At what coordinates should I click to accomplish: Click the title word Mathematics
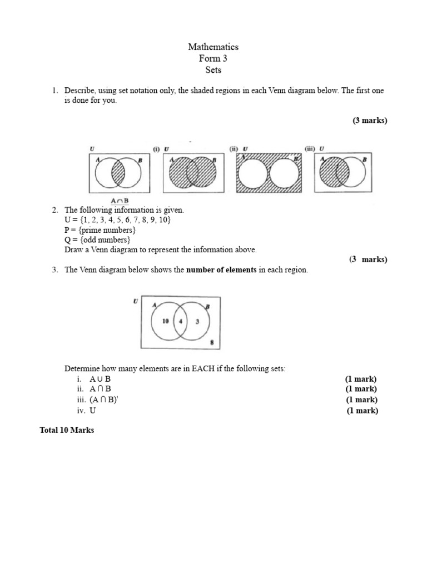pos(213,47)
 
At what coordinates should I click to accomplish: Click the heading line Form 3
pos(213,59)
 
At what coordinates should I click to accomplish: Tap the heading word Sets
pos(213,70)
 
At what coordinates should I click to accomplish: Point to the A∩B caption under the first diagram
pos(119,201)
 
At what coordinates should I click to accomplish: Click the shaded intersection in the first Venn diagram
pos(119,173)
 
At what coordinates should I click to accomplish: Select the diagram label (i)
pos(156,149)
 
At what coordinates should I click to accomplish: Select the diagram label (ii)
pos(234,149)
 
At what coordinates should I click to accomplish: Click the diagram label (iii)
pos(310,149)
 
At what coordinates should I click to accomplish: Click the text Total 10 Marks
pos(67,431)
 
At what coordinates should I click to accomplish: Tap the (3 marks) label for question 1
pos(369,121)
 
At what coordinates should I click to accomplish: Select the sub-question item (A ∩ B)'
pos(105,400)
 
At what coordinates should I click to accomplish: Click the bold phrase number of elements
pos(221,270)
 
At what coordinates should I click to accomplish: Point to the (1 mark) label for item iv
pos(362,411)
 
